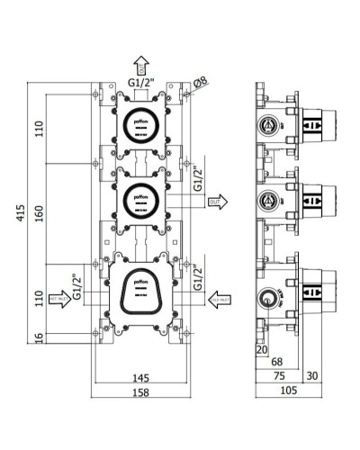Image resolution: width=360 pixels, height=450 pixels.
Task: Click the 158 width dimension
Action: click(140, 393)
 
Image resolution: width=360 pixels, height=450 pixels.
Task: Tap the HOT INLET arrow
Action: click(59, 302)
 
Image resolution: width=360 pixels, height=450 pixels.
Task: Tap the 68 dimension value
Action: click(276, 362)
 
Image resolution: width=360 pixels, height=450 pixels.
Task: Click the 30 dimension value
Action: click(311, 375)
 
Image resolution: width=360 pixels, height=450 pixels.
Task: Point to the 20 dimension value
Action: click(262, 349)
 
